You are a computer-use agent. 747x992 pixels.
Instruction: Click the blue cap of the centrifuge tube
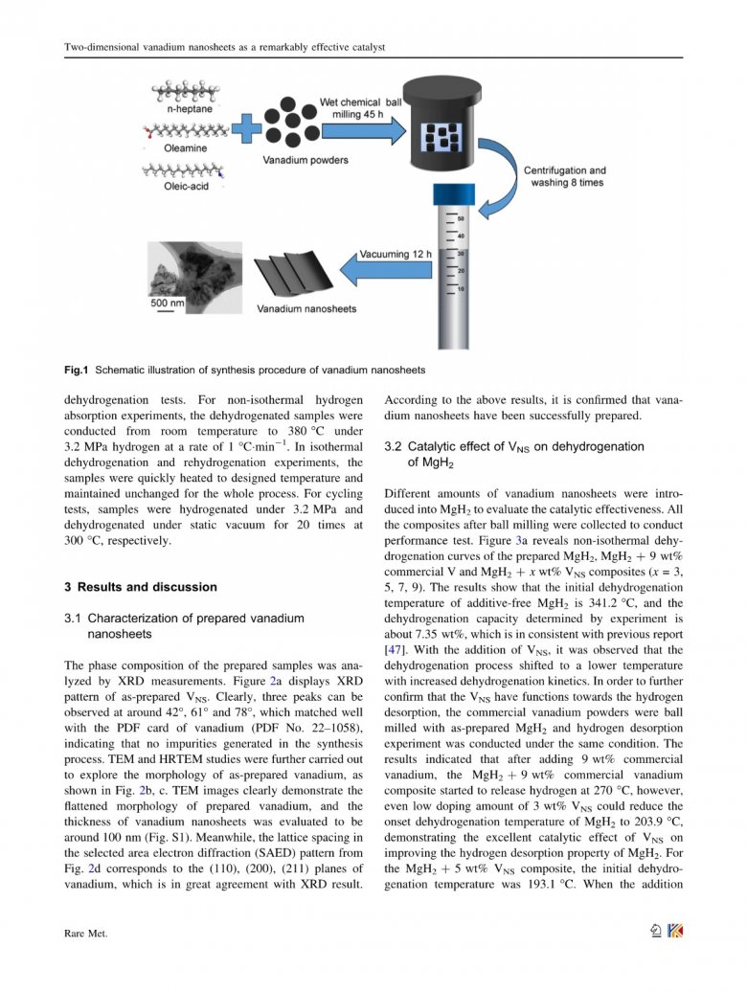(x=452, y=192)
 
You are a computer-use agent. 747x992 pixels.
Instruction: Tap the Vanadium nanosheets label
(x=306, y=309)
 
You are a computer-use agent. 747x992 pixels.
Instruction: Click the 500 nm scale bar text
(x=167, y=303)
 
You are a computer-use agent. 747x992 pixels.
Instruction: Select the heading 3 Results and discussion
(x=140, y=587)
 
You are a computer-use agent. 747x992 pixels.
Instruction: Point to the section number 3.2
(x=393, y=446)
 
